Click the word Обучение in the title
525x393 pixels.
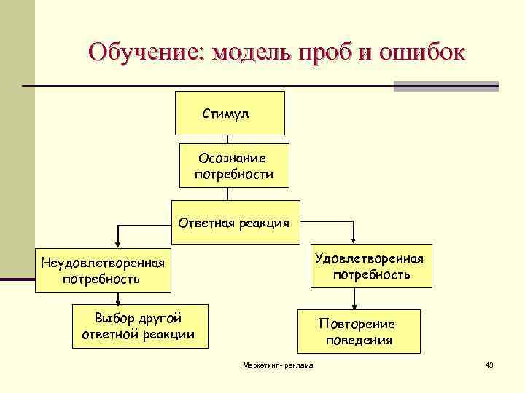[144, 53]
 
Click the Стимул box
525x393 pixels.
[230, 113]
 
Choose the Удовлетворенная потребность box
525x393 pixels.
[371, 266]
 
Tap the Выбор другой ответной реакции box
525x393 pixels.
[138, 325]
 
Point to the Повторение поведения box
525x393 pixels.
[358, 332]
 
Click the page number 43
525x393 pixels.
[489, 365]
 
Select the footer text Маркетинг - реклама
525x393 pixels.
[278, 365]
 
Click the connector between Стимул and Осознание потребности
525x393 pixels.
[228, 139]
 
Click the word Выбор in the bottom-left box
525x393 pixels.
[110, 318]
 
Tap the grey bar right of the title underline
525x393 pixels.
[446, 86]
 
